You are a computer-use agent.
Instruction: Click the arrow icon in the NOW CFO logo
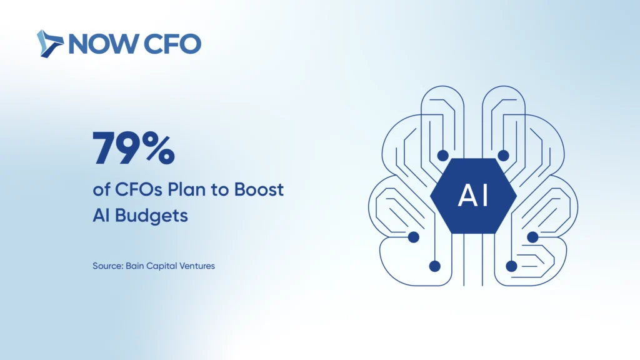50,44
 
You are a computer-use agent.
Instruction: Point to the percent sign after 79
159,148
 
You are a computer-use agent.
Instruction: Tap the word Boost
259,190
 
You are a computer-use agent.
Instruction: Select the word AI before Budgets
101,215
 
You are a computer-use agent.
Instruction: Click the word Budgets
151,216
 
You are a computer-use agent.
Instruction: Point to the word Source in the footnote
107,266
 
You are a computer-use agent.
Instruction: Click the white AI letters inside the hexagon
474,196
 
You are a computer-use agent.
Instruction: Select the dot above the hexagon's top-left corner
443,156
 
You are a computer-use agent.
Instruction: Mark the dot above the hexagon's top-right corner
503,156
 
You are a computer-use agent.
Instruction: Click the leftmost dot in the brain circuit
414,237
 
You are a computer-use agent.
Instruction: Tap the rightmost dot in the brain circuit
532,237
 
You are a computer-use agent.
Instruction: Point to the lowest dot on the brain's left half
435,266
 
